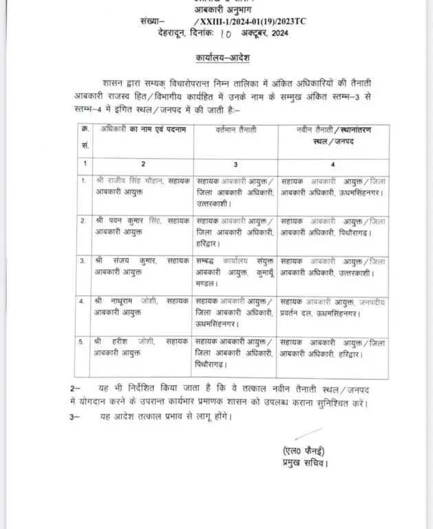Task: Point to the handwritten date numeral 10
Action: [227, 33]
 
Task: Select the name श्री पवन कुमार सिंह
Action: [129, 220]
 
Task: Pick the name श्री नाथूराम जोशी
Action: [128, 300]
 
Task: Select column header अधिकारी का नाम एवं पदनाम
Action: [136, 129]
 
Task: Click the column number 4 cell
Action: [332, 165]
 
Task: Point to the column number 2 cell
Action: [142, 165]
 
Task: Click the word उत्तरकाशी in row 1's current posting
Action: [216, 204]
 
